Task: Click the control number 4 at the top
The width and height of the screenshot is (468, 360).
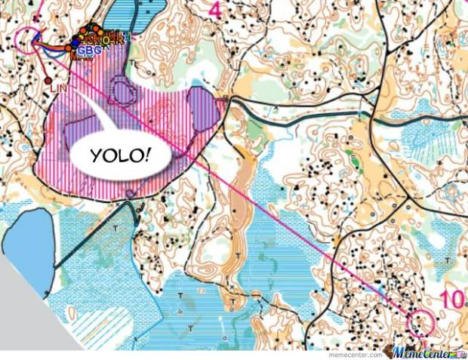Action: coord(215,10)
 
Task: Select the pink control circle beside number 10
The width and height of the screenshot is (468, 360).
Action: coord(419,322)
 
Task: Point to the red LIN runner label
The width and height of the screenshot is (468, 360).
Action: coord(59,88)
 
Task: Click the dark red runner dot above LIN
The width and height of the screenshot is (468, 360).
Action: coord(48,78)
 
